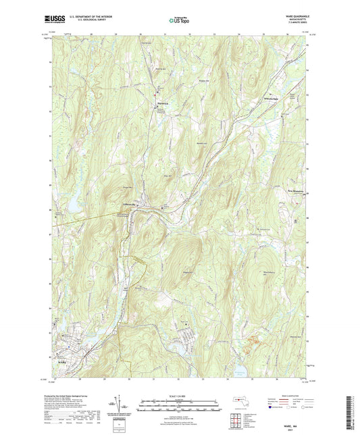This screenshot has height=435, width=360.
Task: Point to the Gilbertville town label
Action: click(x=130, y=205)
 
